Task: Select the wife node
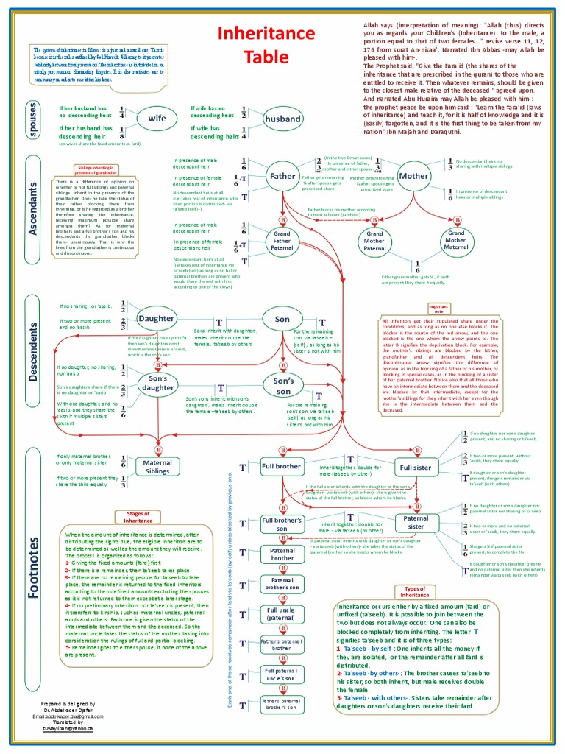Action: (x=157, y=119)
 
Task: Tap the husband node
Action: (x=282, y=119)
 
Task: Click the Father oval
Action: (x=282, y=177)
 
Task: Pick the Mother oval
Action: (x=413, y=177)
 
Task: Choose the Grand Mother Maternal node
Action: (x=455, y=240)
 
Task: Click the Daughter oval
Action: (x=156, y=319)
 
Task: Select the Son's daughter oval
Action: (x=157, y=383)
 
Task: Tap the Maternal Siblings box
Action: (x=157, y=468)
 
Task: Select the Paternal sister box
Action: (x=416, y=523)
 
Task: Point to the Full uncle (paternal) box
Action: (x=282, y=614)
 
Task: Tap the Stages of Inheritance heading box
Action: (x=138, y=517)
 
